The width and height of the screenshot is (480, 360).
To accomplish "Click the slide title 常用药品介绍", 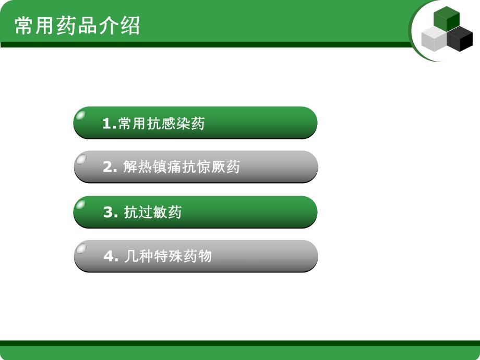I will pos(77,25).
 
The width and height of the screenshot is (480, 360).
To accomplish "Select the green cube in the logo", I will pos(447,19).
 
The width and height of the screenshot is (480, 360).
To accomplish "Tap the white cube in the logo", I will pos(434,40).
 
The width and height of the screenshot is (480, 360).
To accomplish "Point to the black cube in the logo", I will pos(460,39).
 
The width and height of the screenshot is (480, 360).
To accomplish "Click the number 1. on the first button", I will pos(110,124).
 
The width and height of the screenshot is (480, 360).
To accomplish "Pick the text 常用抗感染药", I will pos(162,124).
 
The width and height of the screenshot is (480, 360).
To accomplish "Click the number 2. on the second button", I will pos(111,167).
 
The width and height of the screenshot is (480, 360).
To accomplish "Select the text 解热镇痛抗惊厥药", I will pos(182,167).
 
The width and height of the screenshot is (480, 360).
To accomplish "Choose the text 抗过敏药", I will pos(153,212).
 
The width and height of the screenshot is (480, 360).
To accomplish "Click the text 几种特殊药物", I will pos(168,256).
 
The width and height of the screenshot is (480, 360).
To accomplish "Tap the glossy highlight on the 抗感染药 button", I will pos(81,115).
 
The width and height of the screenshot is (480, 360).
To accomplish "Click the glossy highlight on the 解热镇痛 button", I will pos(81,159).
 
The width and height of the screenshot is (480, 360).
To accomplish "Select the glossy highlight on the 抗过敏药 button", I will pos(81,204).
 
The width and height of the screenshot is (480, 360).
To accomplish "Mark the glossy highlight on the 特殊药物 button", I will pos(81,248).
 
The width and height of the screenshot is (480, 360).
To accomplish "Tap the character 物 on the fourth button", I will pos(205,256).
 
